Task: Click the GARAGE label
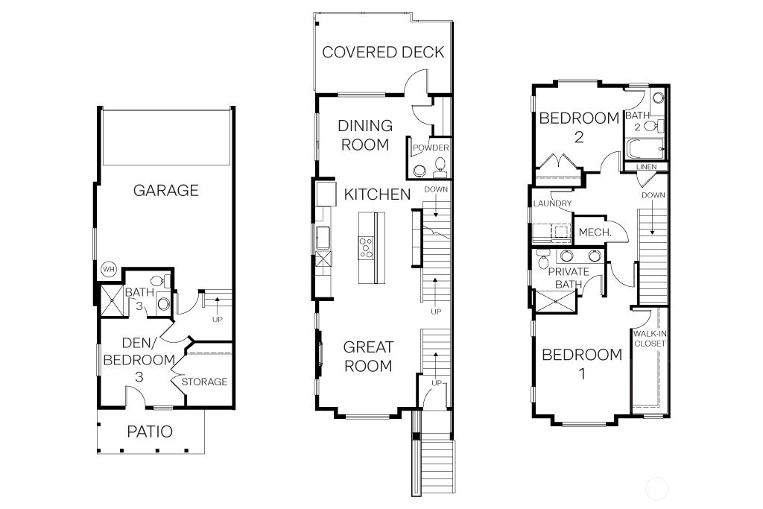pos(165,190)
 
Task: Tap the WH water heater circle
pos(108,269)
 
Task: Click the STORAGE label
pos(205,382)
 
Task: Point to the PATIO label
pos(149,431)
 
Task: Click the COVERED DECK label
pos(383,52)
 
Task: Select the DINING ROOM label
pos(365,135)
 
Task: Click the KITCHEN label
pos(377,195)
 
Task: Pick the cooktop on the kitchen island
pos(367,247)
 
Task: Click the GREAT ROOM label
pos(367,356)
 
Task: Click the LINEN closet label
pos(646,167)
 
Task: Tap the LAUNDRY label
pos(552,203)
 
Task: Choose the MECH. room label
pos(595,233)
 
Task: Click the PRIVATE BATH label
pos(569,278)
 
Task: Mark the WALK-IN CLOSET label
pos(649,338)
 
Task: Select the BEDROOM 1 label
pos(581,364)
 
